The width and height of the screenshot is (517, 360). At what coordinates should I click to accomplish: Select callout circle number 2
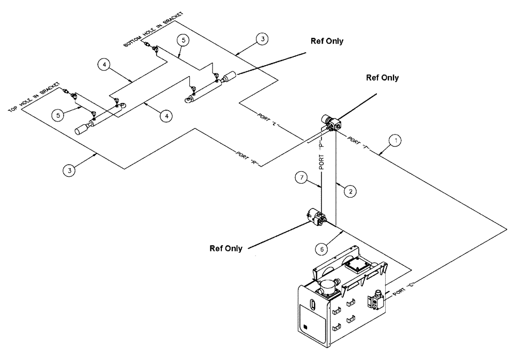click(350, 191)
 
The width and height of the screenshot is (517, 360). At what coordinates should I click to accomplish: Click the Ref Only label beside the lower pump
click(226, 248)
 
